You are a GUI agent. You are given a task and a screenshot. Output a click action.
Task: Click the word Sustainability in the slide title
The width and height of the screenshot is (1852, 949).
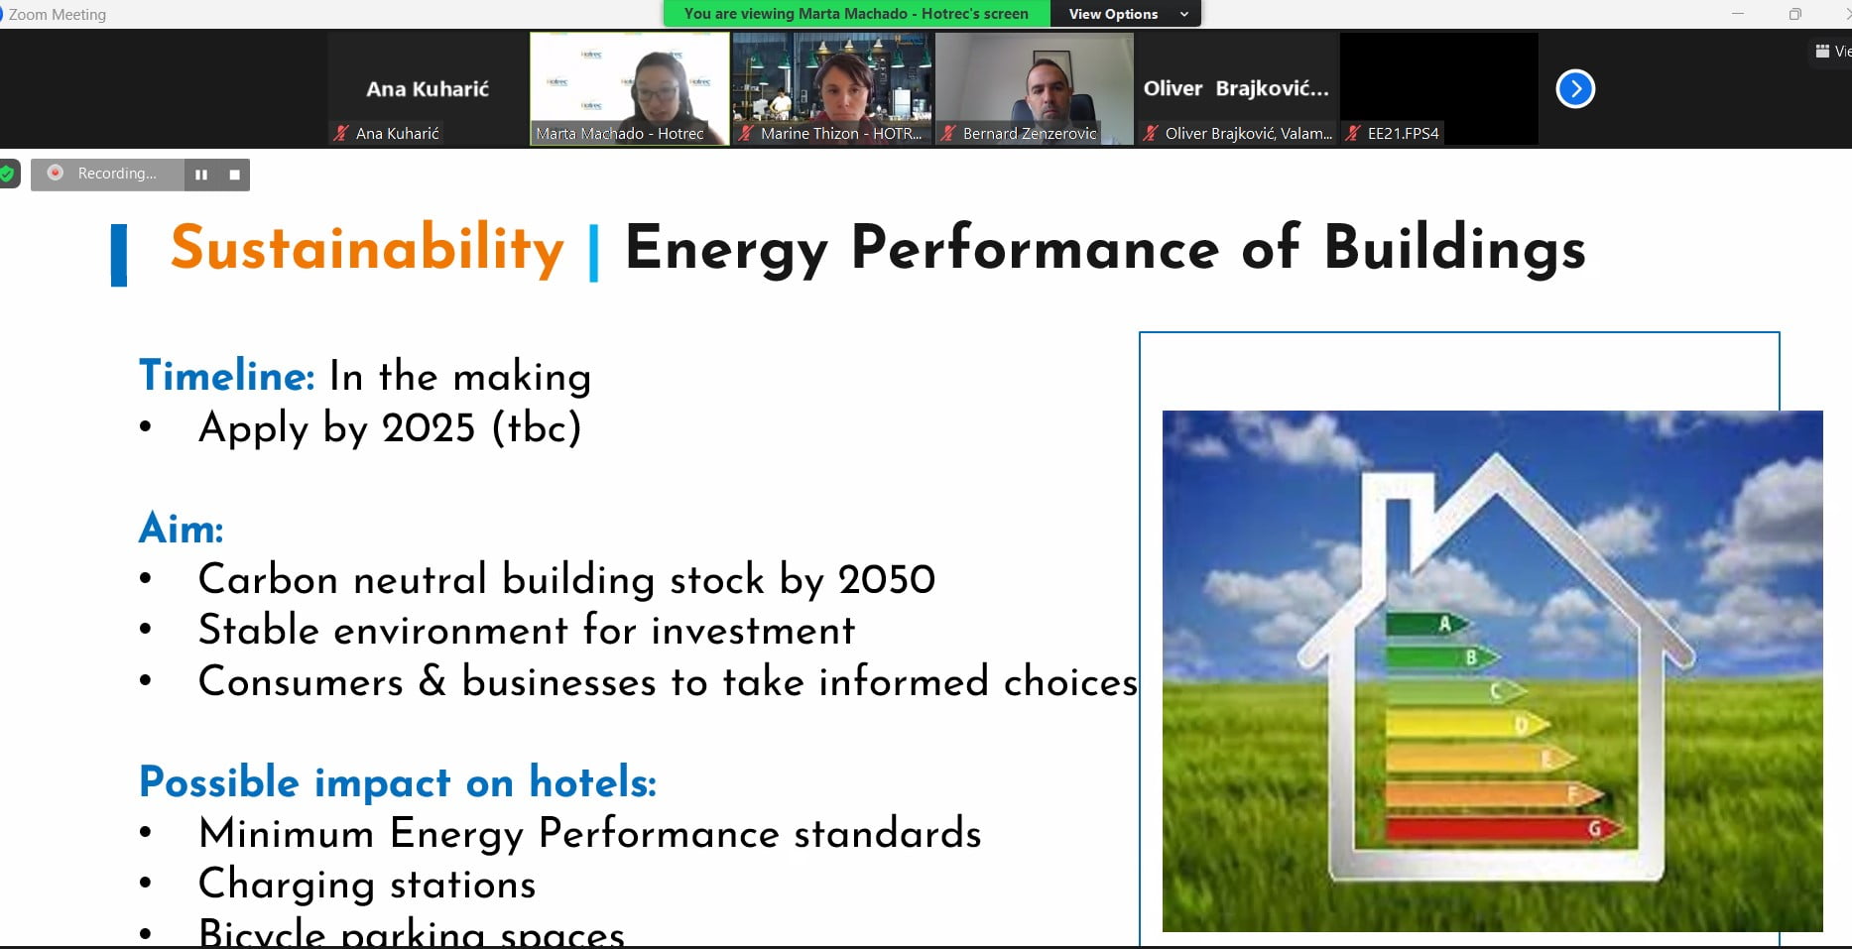pyautogui.click(x=367, y=248)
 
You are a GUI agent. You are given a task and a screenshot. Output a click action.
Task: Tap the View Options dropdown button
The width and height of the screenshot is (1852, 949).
pyautogui.click(x=1125, y=14)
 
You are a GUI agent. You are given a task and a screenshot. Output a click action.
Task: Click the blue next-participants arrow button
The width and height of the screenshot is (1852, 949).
pyautogui.click(x=1575, y=89)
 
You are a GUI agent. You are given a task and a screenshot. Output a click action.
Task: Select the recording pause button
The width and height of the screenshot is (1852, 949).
pyautogui.click(x=201, y=175)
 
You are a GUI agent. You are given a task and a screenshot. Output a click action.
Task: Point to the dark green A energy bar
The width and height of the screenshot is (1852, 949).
pyautogui.click(x=1424, y=624)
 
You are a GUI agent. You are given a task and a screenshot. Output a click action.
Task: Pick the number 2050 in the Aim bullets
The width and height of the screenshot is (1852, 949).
pyautogui.click(x=886, y=580)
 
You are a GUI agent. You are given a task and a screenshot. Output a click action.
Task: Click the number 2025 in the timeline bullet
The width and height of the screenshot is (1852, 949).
pyautogui.click(x=429, y=428)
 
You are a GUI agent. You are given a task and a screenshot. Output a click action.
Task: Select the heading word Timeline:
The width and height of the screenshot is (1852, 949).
pyautogui.click(x=227, y=376)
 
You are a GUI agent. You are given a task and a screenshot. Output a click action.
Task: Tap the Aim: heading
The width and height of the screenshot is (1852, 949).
pyautogui.click(x=181, y=529)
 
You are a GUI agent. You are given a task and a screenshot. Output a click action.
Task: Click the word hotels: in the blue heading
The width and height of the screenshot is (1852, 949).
pyautogui.click(x=592, y=782)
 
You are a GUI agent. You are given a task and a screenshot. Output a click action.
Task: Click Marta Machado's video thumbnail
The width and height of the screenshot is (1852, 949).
pyautogui.click(x=629, y=87)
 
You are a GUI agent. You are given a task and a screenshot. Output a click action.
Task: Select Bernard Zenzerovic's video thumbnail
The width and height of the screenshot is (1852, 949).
pyautogui.click(x=1034, y=87)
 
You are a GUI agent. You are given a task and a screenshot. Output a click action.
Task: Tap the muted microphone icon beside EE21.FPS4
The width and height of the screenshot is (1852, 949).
pyautogui.click(x=1352, y=133)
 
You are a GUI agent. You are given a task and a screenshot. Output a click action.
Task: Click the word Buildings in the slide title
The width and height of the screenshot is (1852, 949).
pyautogui.click(x=1454, y=248)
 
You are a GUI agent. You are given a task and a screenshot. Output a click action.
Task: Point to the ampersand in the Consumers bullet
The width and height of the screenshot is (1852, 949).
pyautogui.click(x=432, y=682)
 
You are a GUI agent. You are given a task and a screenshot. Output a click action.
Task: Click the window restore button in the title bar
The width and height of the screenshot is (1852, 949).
pyautogui.click(x=1794, y=14)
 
